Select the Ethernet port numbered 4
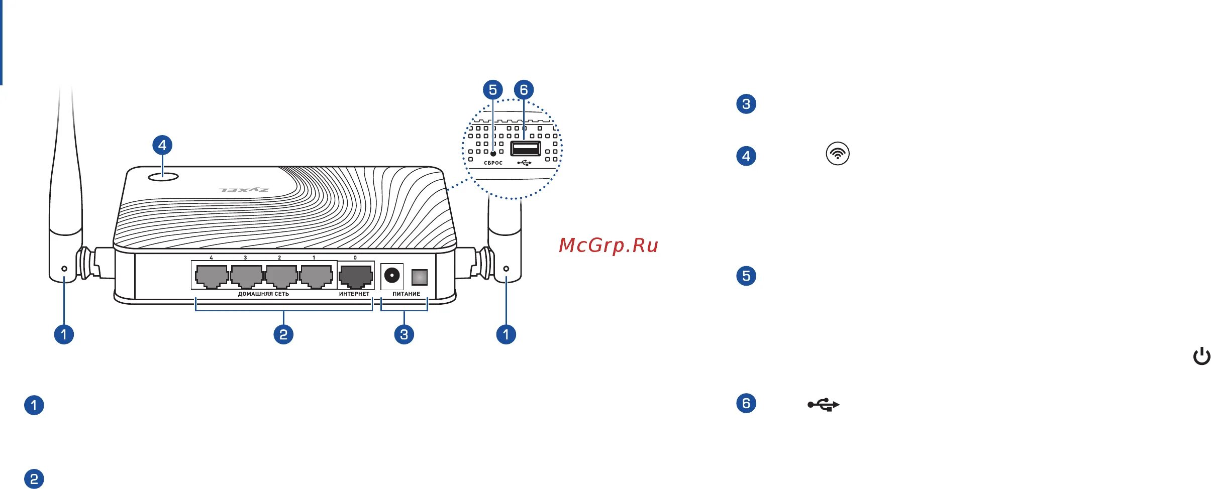coord(212,276)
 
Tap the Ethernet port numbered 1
coord(316,276)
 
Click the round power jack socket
coord(392,276)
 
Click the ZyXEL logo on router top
coord(244,190)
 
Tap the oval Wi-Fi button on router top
coord(163,177)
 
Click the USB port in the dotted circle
coord(526,149)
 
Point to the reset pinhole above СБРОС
coord(493,154)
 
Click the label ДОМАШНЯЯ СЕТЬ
coord(263,294)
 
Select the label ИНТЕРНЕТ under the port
coord(354,294)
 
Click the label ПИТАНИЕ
coord(406,294)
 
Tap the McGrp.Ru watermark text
coord(609,246)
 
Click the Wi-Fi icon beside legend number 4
coord(838,154)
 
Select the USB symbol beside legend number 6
coord(823,405)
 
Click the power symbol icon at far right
coord(1201,356)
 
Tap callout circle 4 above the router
coord(162,146)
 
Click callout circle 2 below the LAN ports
coord(283,334)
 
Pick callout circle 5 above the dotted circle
coord(492,90)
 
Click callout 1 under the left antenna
coord(64,334)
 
